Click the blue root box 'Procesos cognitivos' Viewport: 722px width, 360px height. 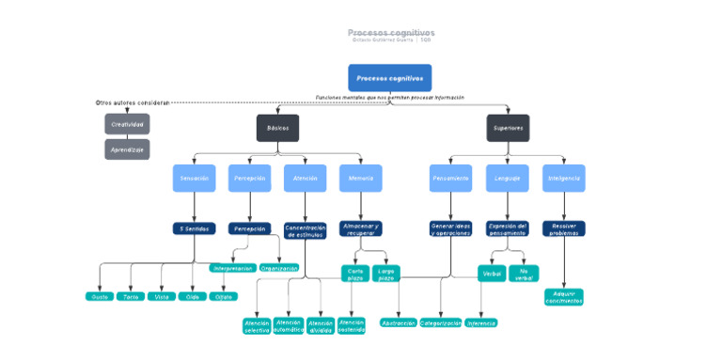[389, 78]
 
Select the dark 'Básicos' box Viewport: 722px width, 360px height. [277, 128]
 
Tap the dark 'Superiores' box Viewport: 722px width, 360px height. [508, 128]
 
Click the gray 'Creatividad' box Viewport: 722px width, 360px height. [127, 124]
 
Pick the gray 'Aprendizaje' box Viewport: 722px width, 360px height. [127, 149]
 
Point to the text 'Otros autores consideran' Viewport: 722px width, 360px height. [133, 102]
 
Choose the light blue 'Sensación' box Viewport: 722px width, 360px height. [194, 178]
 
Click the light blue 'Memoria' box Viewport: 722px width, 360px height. [360, 178]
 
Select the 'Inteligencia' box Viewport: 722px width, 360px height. [563, 178]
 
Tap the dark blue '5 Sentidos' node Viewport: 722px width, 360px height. [194, 228]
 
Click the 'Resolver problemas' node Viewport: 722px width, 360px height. [563, 228]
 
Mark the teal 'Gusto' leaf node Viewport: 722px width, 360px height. [99, 296]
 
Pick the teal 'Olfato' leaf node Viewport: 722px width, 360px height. [223, 296]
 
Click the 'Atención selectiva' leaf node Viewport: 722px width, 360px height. [257, 326]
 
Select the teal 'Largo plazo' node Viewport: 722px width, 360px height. [385, 274]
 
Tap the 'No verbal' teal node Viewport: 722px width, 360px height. [524, 274]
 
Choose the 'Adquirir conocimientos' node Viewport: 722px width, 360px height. [563, 297]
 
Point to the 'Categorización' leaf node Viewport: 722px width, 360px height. [440, 322]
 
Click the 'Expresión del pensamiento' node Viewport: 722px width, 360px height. [508, 228]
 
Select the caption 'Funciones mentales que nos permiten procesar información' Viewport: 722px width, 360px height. [389, 97]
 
